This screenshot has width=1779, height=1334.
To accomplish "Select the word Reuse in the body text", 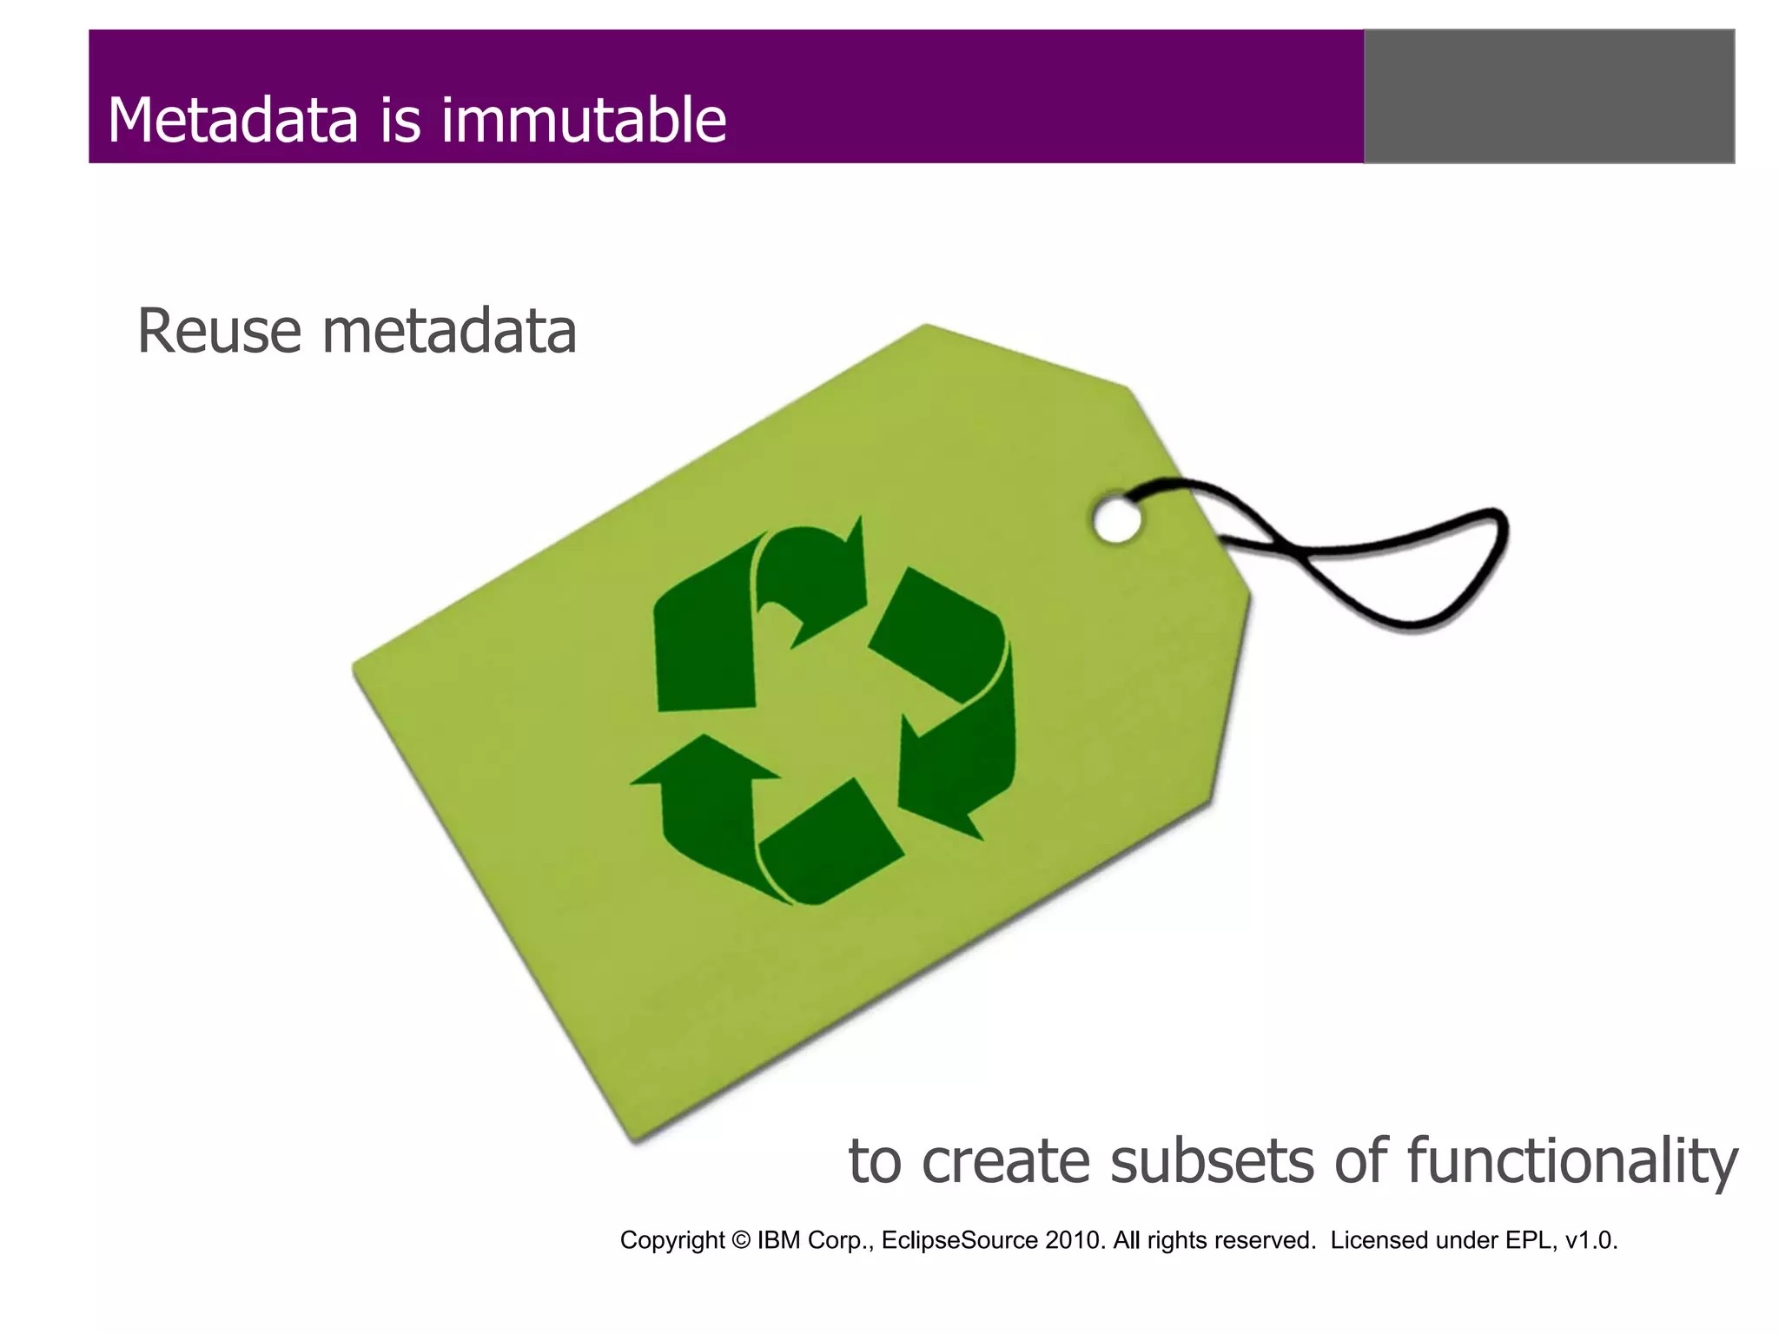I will coord(219,331).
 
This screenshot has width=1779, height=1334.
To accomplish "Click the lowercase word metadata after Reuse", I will coord(449,331).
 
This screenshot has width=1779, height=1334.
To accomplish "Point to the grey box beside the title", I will coord(1549,96).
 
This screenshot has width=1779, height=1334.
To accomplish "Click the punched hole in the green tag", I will coord(1116,520).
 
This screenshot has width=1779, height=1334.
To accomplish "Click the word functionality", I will coord(1572,1161).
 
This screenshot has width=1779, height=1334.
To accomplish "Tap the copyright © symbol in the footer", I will coord(741,1240).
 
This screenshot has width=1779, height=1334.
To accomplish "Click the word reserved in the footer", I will coord(1268,1240).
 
